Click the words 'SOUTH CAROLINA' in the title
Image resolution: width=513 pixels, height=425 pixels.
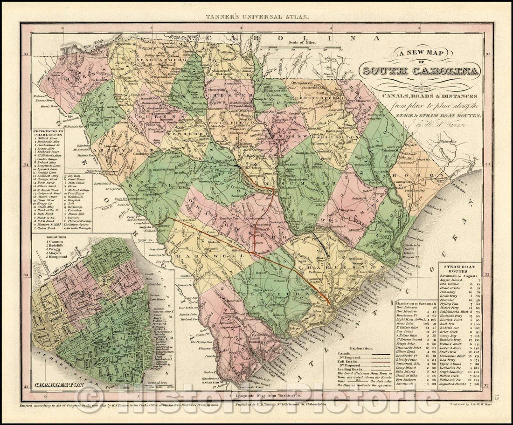point(420,71)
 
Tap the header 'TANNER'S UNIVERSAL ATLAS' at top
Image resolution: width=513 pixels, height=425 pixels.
point(256,17)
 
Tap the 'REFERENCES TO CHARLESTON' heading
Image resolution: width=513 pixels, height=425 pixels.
point(54,134)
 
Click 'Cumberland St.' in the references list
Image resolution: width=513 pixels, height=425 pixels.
point(52,146)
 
